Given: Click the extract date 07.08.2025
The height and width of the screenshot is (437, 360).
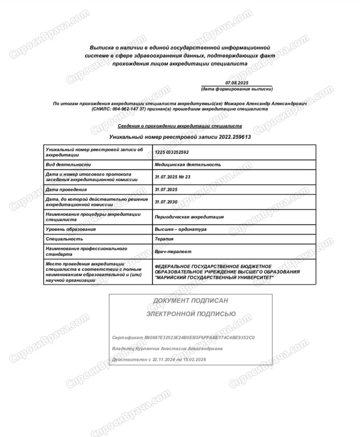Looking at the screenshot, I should pyautogui.click(x=237, y=83).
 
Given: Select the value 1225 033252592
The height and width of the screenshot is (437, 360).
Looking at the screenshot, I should pyautogui.click(x=172, y=153).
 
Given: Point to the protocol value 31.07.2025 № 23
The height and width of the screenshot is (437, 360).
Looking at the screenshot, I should pyautogui.click(x=173, y=177).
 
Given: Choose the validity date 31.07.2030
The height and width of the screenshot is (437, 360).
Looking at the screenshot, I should pyautogui.click(x=166, y=202).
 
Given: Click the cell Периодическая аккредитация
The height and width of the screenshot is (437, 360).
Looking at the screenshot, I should pyautogui.click(x=189, y=217).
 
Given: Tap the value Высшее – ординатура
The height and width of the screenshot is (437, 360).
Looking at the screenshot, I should pyautogui.click(x=181, y=229).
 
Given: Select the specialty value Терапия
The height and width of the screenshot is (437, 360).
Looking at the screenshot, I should pyautogui.click(x=164, y=239).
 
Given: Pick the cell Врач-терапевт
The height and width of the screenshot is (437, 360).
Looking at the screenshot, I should pyautogui.click(x=173, y=252).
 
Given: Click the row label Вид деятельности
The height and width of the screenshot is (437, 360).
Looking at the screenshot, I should pyautogui.click(x=68, y=165).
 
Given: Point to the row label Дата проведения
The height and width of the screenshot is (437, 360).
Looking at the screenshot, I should pyautogui.click(x=66, y=190).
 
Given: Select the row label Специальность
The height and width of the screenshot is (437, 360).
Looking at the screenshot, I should pyautogui.click(x=64, y=239).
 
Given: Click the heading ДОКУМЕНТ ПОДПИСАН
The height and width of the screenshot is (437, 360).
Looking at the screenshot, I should pyautogui.click(x=190, y=301).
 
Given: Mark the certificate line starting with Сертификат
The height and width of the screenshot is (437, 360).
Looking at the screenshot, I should pyautogui.click(x=183, y=338).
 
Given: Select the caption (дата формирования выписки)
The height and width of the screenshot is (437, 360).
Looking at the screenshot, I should pyautogui.click(x=237, y=89).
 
